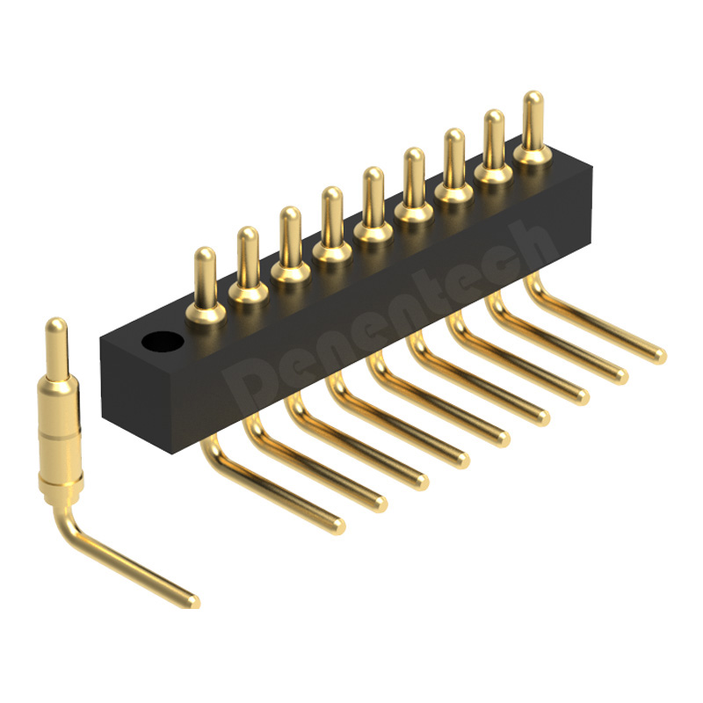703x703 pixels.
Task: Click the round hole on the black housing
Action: tap(163, 342)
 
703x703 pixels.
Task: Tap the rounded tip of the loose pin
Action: tap(56, 323)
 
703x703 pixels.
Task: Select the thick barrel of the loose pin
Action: tap(59, 432)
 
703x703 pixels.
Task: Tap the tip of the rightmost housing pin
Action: tap(533, 97)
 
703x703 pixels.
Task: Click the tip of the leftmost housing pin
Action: tap(206, 252)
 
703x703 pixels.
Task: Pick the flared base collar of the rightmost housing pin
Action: tap(533, 156)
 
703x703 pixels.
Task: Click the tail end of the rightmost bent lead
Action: tap(660, 356)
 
